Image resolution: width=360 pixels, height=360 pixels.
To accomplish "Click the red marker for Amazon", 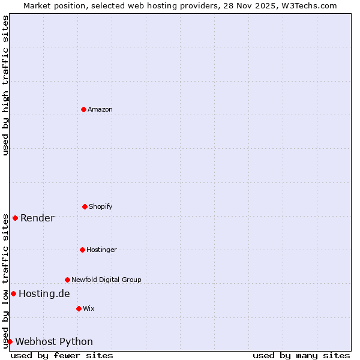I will [x=83, y=109].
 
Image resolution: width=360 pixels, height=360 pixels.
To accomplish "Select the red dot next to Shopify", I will [x=85, y=206].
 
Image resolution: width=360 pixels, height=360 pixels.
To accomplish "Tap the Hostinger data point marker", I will [x=82, y=250].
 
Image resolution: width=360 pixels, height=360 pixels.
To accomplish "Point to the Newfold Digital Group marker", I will [x=67, y=280].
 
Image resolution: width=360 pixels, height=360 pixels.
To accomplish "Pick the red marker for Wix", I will [x=79, y=308].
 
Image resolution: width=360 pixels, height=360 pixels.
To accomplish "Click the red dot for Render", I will [x=15, y=218].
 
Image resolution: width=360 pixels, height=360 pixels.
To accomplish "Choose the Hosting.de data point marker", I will [x=13, y=293].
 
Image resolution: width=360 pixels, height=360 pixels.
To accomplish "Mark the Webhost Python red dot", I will [x=10, y=341].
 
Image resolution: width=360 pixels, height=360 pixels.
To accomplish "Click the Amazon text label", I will [x=100, y=109].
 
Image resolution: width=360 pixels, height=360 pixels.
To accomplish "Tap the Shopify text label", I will [x=101, y=206].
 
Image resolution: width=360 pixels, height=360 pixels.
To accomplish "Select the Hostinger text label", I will [x=101, y=250].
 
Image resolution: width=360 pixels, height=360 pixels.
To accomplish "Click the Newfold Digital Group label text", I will [x=106, y=280].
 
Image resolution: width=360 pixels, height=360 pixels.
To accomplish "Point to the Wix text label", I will [x=89, y=308].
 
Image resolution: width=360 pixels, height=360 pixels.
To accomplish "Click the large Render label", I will [x=37, y=218].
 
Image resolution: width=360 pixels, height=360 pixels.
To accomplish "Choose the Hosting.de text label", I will [x=44, y=293].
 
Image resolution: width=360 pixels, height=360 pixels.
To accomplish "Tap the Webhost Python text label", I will [x=54, y=341].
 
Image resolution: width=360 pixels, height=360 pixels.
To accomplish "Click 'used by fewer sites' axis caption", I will [x=62, y=355].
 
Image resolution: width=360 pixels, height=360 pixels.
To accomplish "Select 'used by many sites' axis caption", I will [x=301, y=355].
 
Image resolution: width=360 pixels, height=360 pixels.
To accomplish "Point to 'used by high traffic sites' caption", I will [x=5, y=85].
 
